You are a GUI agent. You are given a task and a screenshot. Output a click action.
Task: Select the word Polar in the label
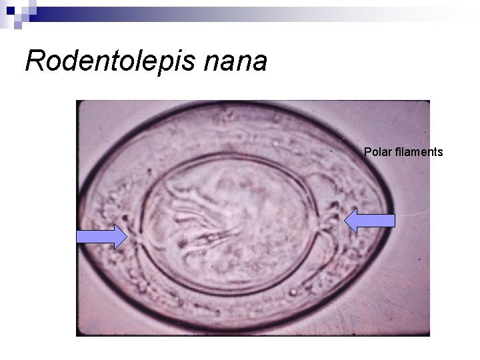click(376, 152)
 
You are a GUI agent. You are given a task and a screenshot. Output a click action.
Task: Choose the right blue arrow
click(370, 221)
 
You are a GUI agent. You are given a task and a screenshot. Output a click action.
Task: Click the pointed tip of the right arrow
click(345, 221)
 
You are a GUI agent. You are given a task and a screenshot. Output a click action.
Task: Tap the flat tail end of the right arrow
click(395, 221)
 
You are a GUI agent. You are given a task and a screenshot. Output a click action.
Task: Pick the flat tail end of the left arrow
click(77, 237)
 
